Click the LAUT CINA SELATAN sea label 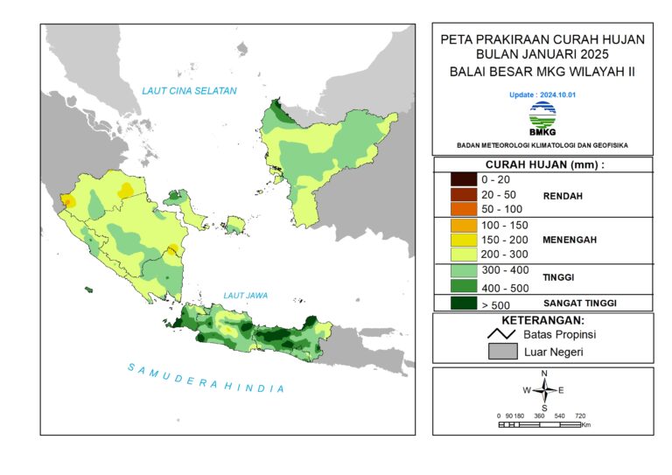click(190, 91)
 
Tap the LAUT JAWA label click(245, 296)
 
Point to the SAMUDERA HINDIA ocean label click(206, 378)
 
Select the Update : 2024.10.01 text click(542, 94)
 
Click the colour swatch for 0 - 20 click(463, 179)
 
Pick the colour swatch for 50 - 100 click(463, 209)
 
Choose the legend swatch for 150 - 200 click(463, 240)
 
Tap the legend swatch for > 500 click(463, 304)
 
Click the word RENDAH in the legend click(564, 195)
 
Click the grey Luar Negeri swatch click(502, 352)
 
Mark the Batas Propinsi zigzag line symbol click(502, 334)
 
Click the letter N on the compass click(544, 374)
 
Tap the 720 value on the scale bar click(579, 416)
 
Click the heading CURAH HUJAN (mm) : click(542, 164)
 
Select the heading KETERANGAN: click(542, 320)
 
